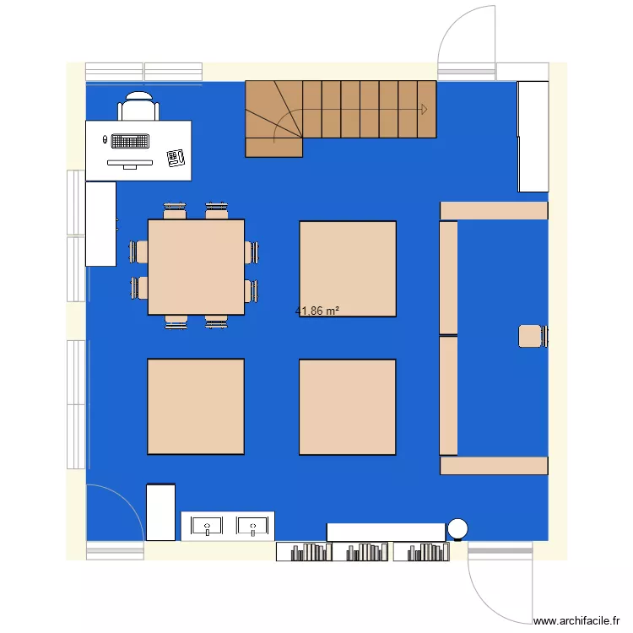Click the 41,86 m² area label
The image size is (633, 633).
317,311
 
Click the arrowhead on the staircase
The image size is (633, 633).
424,108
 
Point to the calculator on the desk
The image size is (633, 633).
176,157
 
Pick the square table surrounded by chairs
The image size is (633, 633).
196,267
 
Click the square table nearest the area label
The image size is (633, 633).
348,268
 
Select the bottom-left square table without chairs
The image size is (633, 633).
196,406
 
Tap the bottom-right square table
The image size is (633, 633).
348,407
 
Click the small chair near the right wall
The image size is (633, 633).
531,336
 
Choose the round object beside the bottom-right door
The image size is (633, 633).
457,528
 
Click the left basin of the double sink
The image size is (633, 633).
206,527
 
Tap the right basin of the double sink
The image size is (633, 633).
252,527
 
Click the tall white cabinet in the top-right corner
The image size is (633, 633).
533,136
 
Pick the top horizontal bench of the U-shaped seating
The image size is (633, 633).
494,210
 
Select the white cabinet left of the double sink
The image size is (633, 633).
160,511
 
